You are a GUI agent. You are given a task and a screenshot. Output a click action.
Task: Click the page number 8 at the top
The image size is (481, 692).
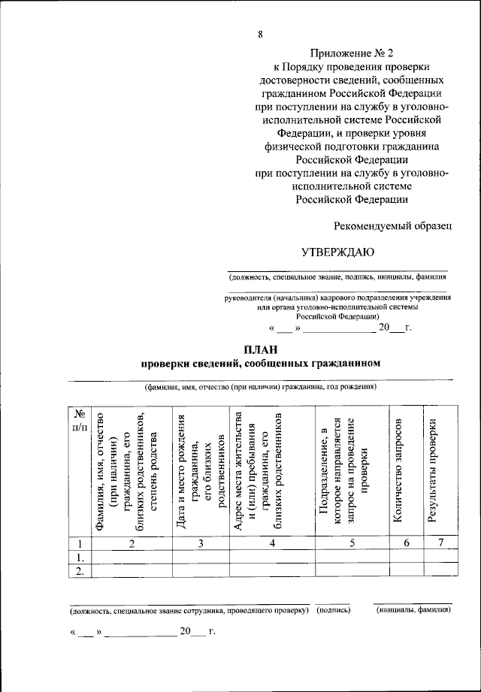(259, 32)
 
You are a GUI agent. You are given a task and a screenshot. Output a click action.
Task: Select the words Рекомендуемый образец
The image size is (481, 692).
(392, 225)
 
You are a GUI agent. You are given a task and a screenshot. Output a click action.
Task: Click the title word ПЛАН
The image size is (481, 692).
(261, 349)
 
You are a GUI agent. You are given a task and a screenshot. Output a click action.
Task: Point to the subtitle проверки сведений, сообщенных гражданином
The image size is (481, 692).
(261, 364)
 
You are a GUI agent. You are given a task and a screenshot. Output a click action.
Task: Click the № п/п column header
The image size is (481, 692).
(79, 420)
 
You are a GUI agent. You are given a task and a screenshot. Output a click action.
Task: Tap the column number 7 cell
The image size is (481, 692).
(440, 544)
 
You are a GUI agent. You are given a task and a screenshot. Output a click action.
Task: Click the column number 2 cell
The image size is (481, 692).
(131, 544)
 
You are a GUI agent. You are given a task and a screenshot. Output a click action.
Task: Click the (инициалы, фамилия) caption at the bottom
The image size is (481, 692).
(413, 611)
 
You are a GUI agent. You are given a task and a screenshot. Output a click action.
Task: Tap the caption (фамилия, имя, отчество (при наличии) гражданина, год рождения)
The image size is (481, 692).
(261, 387)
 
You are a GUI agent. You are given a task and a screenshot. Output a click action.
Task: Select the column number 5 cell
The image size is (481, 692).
(351, 544)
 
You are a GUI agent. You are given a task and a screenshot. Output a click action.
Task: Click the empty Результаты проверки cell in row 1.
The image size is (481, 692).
(440, 558)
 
